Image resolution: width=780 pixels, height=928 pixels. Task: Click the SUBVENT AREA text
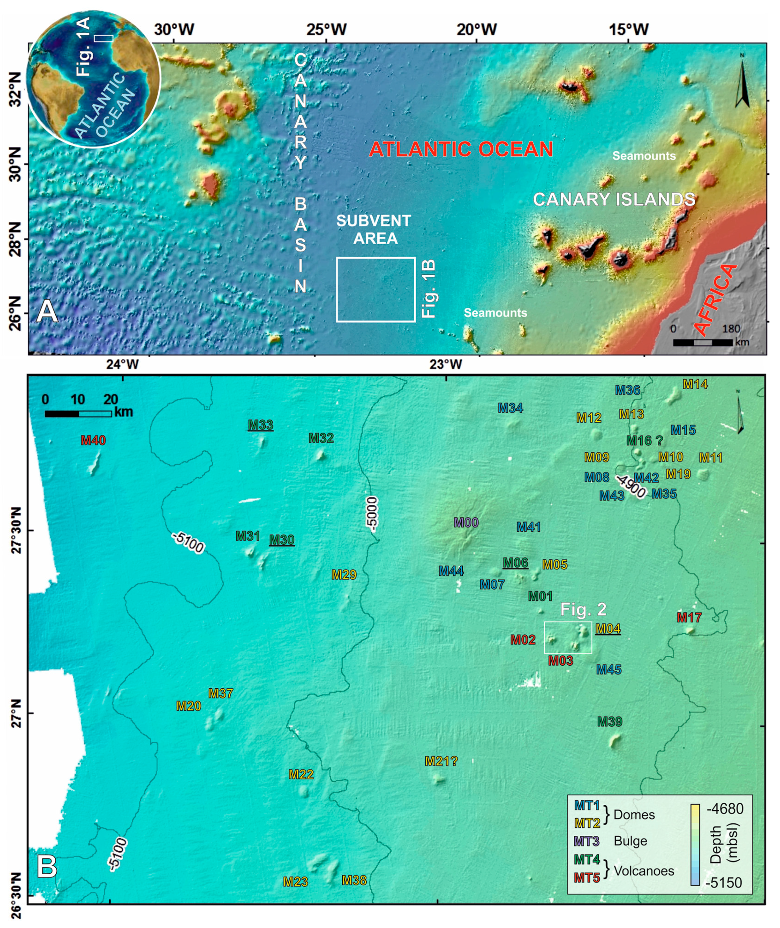tap(374, 229)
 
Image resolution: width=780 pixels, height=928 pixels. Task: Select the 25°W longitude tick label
tap(327, 30)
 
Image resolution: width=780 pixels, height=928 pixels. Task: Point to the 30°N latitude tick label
tap(14, 165)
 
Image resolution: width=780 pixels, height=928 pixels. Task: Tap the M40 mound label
tap(93, 440)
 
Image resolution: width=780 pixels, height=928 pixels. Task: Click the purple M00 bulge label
tap(466, 523)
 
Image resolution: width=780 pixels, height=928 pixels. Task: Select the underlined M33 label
tap(260, 425)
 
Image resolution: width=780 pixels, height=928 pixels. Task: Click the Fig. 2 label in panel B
tap(583, 610)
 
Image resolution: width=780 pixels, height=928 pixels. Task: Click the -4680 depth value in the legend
tap(725, 809)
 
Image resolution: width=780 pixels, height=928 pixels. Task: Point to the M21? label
tap(441, 761)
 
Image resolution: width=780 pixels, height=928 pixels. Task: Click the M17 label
tap(689, 617)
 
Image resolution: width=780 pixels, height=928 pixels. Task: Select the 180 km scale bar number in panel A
tap(731, 329)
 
